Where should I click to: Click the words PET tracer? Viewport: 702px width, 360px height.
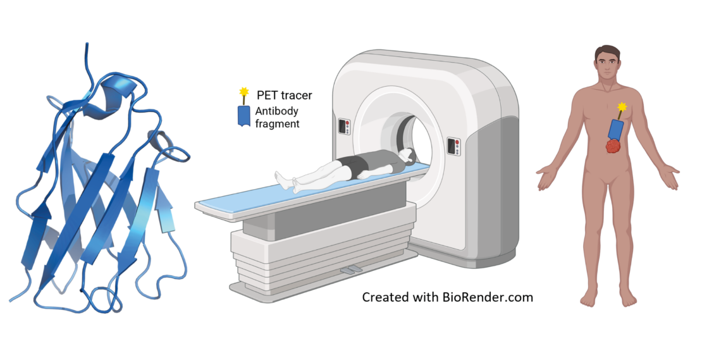click(284, 96)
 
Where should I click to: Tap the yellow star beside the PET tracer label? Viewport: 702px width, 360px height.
click(242, 94)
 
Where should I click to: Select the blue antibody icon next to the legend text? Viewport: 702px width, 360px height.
click(243, 115)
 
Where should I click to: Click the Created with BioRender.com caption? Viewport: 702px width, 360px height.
click(447, 297)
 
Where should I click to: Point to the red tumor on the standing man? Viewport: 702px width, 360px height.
click(612, 147)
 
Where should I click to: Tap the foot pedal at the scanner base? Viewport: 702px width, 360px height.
click(352, 271)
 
